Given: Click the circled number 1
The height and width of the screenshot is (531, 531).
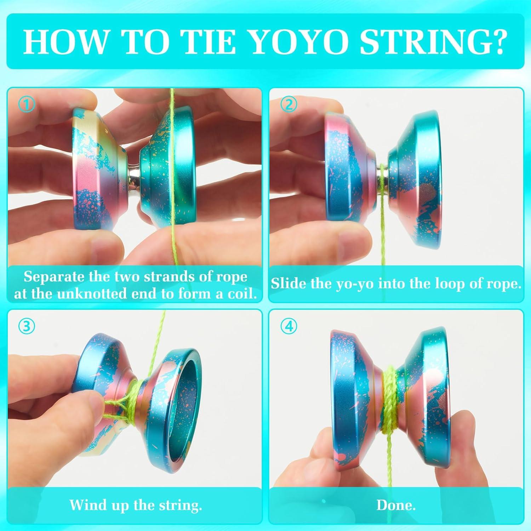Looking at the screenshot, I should [x=28, y=104].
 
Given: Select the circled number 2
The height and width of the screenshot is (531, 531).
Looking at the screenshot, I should [x=289, y=104].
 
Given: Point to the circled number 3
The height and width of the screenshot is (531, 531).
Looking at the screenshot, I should [x=27, y=326].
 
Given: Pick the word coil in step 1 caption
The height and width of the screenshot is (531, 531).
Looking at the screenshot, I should [x=241, y=294].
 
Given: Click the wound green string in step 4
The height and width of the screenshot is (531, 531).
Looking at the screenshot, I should [x=389, y=396].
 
